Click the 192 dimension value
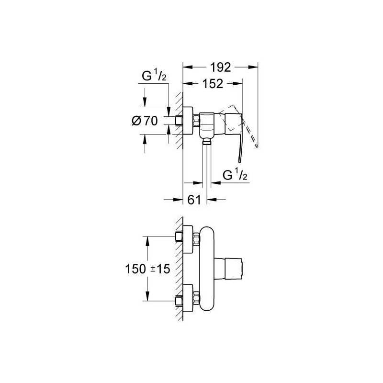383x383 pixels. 221,67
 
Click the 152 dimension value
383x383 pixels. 213,84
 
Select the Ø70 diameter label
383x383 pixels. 145,121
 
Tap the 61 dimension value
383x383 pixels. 194,200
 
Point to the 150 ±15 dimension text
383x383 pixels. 147,269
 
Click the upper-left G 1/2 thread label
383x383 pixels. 154,76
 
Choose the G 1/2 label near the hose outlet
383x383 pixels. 235,175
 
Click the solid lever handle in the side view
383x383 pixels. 241,147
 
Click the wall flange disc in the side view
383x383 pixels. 188,121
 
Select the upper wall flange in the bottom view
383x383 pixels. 188,239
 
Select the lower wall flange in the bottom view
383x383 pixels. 188,298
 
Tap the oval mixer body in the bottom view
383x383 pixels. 207,269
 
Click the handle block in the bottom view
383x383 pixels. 228,269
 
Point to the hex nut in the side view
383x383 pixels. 196,121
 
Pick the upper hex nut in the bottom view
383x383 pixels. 196,239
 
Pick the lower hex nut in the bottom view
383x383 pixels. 196,298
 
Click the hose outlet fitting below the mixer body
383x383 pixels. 207,141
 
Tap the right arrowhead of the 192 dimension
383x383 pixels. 253,67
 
